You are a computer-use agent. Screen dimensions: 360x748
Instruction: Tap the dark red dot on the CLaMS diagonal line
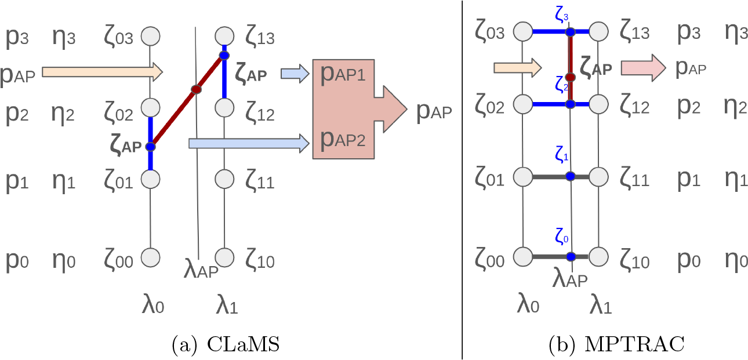[196, 89]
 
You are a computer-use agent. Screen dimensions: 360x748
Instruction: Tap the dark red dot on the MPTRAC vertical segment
[570, 77]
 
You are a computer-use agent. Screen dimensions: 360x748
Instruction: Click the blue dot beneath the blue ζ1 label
[570, 176]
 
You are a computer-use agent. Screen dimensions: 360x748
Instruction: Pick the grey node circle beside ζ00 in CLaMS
[150, 256]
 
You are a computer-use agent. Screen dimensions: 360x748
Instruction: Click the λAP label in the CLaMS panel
[200, 270]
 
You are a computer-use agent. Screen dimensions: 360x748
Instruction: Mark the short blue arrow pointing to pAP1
[295, 73]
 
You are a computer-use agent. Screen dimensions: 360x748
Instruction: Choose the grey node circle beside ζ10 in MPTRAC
[599, 256]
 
